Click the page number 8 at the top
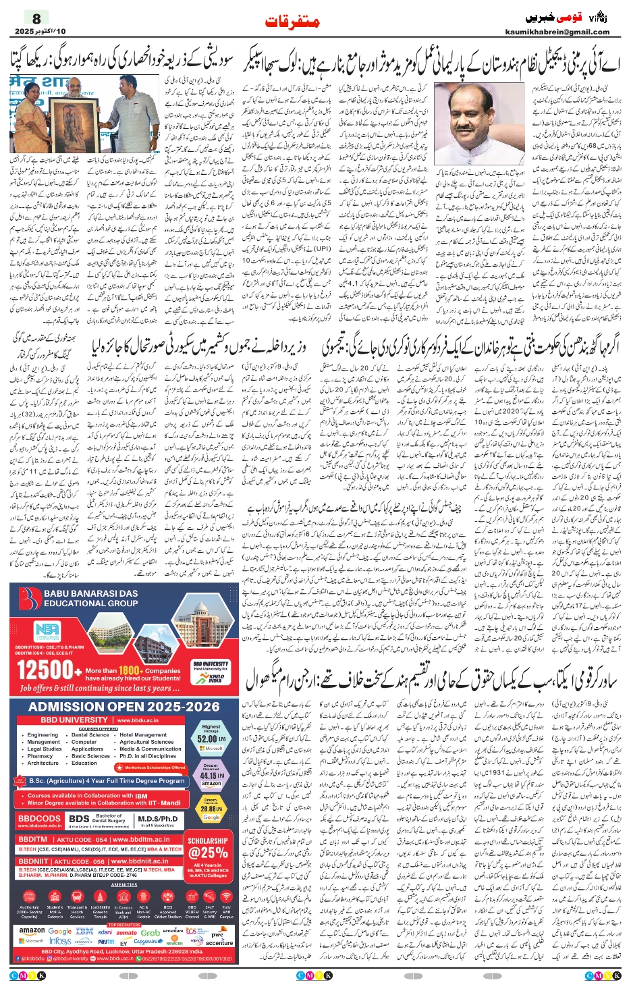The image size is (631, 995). pos(36,18)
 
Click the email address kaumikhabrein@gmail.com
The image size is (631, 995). pos(557,32)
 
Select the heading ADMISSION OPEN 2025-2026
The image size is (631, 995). pos(124,707)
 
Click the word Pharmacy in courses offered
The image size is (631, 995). pos(40,756)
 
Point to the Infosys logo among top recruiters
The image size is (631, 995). pos(60,941)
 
